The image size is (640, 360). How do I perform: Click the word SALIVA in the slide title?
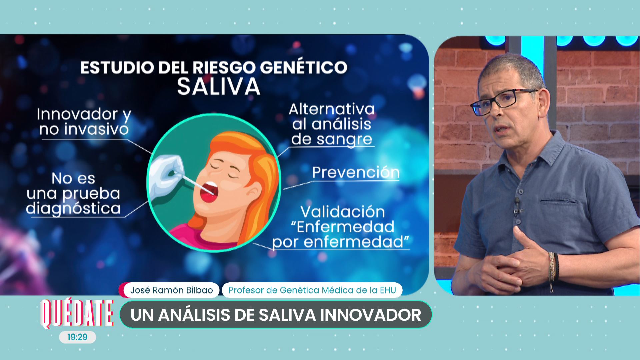pos(218,87)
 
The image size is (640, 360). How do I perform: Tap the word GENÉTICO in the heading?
pos(304,67)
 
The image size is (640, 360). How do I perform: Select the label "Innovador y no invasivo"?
pos(84,122)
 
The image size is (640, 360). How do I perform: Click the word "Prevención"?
pos(356,172)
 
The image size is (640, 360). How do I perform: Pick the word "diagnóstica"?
pos(73,209)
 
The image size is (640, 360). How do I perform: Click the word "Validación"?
pos(343,212)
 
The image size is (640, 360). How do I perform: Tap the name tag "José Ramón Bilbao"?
pos(171,290)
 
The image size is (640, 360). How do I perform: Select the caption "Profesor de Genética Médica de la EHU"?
pos(312,290)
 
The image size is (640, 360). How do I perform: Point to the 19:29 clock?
pos(77,337)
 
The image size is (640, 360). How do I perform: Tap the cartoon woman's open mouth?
pos(209,192)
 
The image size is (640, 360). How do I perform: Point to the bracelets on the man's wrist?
pos(553,269)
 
